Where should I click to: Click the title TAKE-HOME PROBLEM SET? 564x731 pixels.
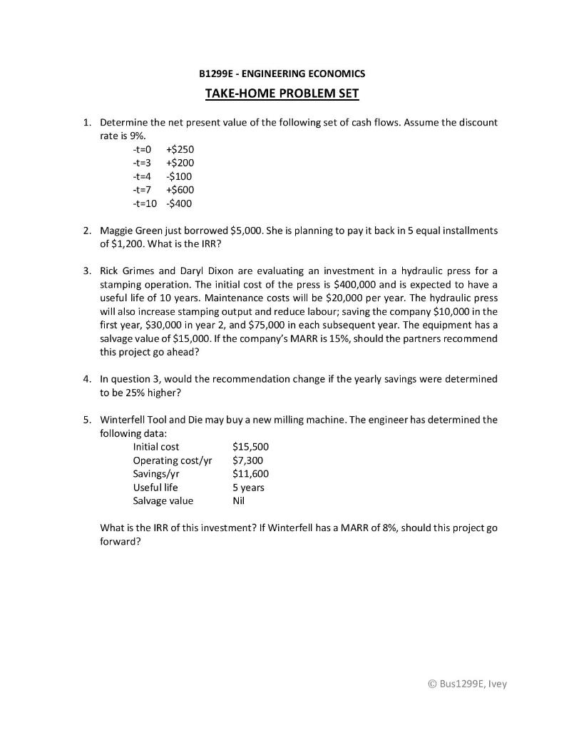[282, 94]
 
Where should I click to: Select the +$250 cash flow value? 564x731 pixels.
[180, 149]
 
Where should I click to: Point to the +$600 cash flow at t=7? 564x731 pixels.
[180, 190]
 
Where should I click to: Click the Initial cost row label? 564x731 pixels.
[156, 447]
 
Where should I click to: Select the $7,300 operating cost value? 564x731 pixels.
[248, 460]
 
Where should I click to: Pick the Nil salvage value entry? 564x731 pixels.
[239, 501]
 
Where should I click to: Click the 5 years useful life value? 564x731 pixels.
[248, 488]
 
